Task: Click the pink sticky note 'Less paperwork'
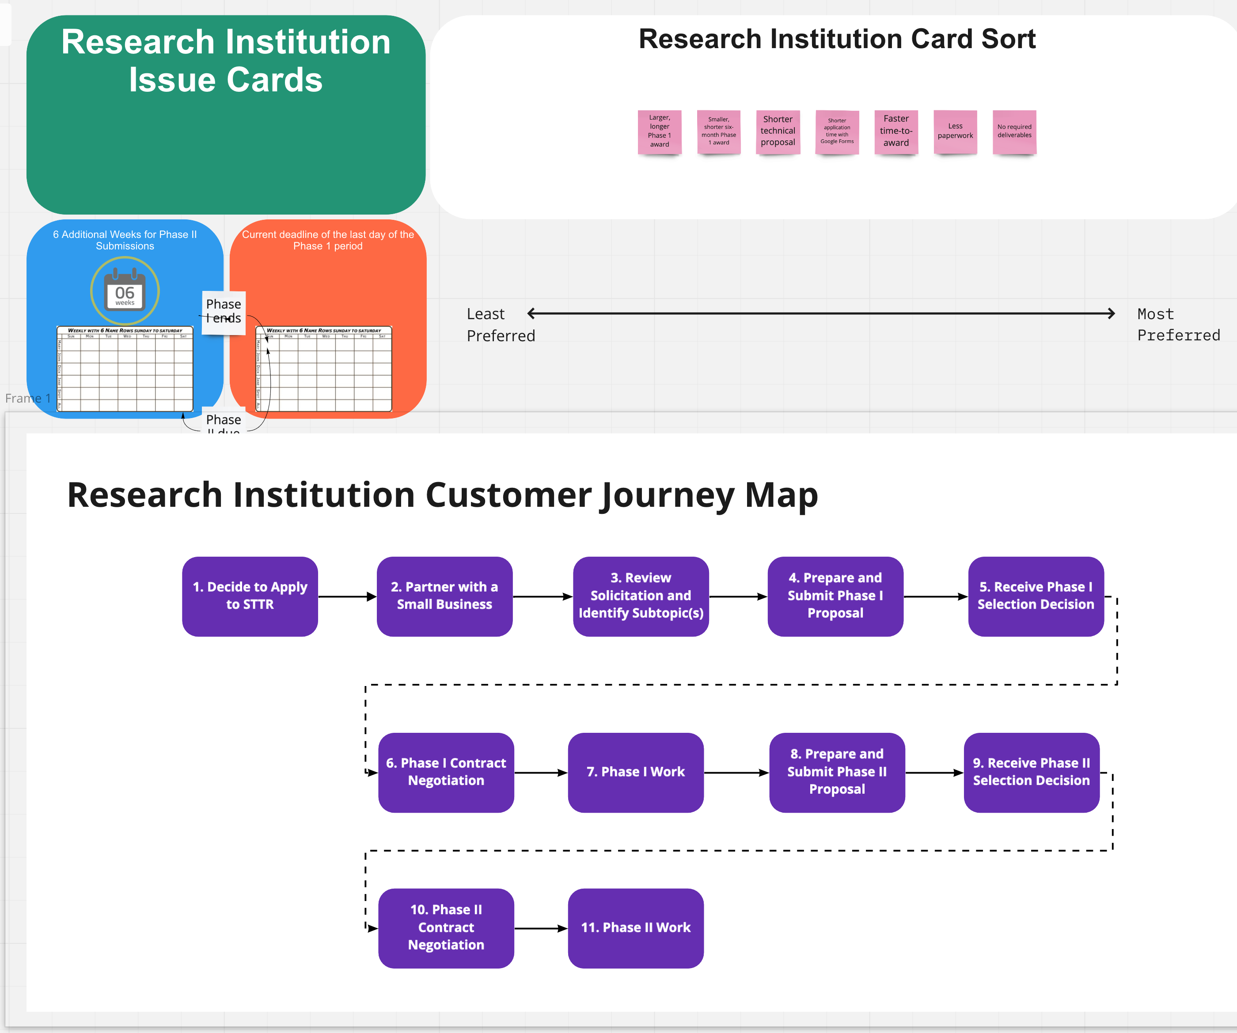tap(955, 131)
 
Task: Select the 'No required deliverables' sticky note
tap(1014, 131)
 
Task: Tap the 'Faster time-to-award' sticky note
tap(896, 131)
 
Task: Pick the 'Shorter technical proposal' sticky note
tap(778, 131)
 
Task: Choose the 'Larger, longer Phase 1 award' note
tap(659, 131)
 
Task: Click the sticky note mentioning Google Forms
tap(836, 131)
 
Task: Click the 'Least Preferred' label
tap(500, 324)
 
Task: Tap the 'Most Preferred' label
tap(1178, 324)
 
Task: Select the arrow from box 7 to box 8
tap(736, 772)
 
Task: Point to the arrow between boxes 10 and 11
tap(541, 928)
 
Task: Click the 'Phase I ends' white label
tap(223, 311)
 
